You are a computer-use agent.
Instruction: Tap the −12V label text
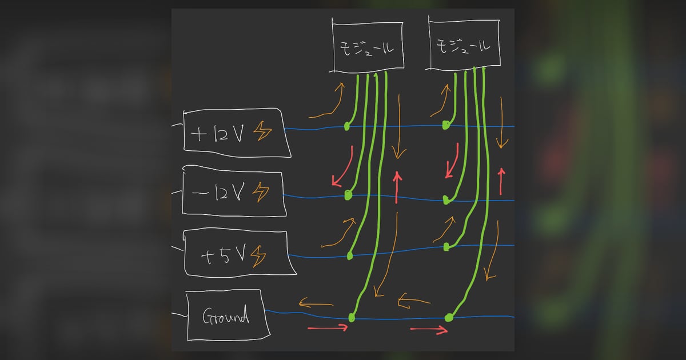218,192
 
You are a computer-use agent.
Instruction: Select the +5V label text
224,255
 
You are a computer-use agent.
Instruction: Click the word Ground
226,315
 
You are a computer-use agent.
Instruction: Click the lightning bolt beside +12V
262,131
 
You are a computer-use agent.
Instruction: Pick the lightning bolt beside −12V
261,192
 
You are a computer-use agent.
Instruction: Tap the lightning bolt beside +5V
258,257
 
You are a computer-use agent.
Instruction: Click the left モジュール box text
366,49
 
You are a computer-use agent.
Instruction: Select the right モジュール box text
462,46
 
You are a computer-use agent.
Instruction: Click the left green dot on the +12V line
346,126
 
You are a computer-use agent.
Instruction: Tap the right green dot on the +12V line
446,125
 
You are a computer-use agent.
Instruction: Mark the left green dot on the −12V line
348,195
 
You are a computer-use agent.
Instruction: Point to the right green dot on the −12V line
446,201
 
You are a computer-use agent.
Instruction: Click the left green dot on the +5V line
350,256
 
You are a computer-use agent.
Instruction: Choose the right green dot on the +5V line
446,247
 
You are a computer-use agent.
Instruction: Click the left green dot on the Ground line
352,318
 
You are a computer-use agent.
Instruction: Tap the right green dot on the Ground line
449,318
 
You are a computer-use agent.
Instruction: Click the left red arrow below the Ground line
328,328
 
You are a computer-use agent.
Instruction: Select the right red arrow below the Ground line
429,330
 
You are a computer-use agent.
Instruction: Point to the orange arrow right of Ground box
316,304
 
